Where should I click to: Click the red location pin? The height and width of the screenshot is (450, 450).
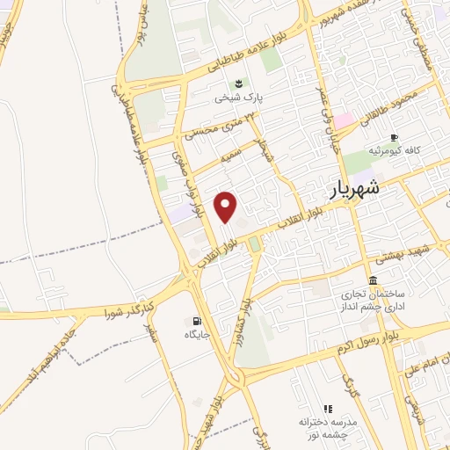click(x=227, y=207)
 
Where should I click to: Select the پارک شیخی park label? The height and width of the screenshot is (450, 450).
click(x=242, y=99)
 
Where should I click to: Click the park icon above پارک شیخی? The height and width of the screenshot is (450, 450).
click(x=239, y=84)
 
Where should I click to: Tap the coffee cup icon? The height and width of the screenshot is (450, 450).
click(x=394, y=137)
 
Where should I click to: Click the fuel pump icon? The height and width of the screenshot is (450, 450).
click(x=195, y=321)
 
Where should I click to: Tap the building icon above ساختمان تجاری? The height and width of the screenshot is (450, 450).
click(x=374, y=279)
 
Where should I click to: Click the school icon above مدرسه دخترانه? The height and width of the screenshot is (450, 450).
click(x=328, y=408)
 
